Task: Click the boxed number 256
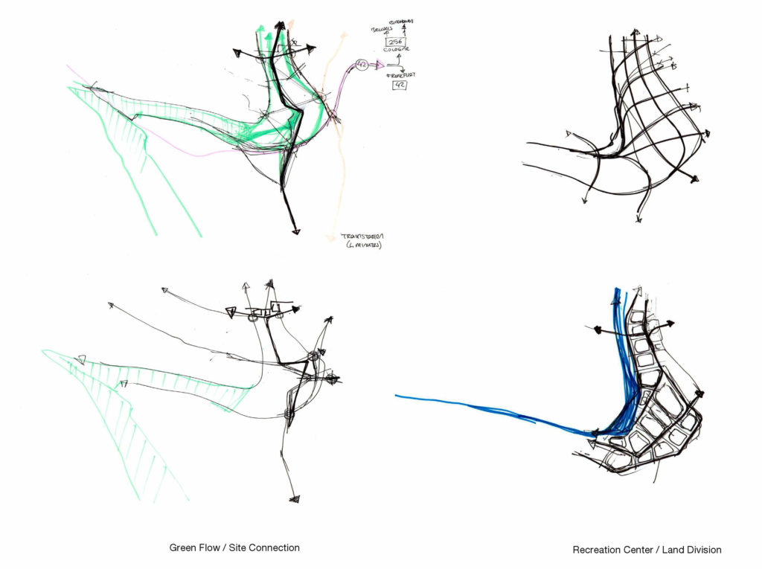click(x=395, y=42)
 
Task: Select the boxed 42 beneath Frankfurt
click(x=400, y=85)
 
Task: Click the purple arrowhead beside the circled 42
click(x=379, y=65)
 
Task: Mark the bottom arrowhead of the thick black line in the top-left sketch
click(x=295, y=232)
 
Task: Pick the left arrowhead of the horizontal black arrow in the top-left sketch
click(x=237, y=53)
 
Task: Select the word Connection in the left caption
click(x=275, y=547)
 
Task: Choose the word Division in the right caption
click(x=702, y=550)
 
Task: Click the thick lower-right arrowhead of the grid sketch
click(x=694, y=179)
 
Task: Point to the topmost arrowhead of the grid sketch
click(x=635, y=33)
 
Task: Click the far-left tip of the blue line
click(x=397, y=396)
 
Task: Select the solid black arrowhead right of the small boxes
click(x=296, y=308)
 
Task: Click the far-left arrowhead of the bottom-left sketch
click(x=111, y=304)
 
